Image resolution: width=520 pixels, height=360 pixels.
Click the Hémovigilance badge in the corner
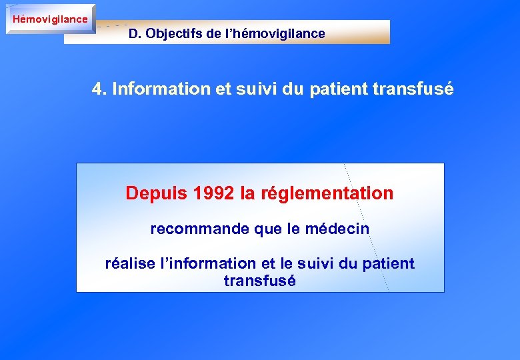point(50,19)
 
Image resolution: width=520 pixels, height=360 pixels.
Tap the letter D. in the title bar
point(135,33)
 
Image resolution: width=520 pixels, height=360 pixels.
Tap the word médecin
point(337,229)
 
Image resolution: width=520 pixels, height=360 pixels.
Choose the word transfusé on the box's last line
point(259,281)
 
